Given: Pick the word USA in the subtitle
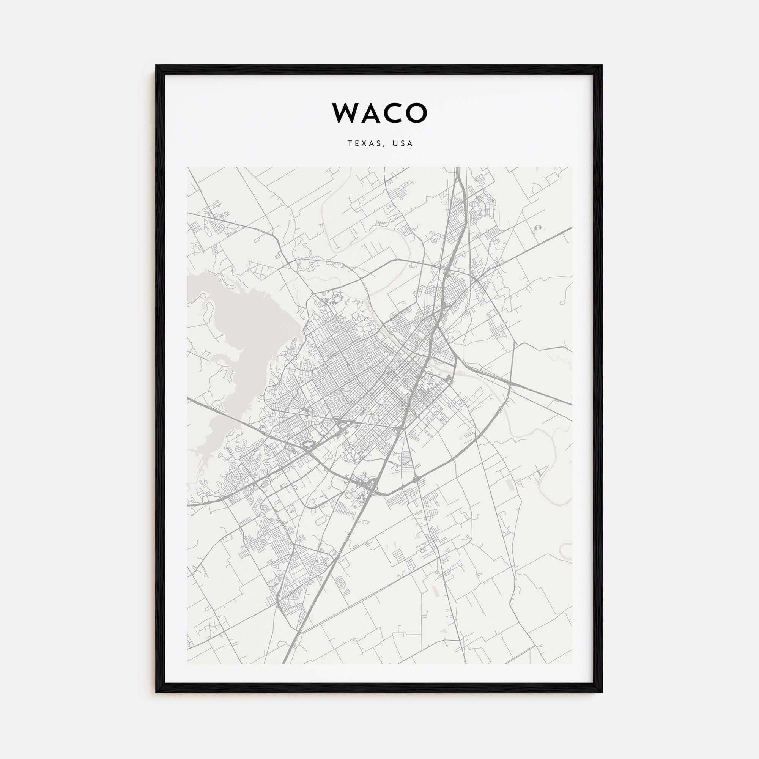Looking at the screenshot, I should pos(402,144).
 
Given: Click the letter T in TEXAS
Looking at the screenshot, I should pos(349,144).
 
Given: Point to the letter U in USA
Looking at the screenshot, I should pos(394,144).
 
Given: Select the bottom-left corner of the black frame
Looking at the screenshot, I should pos(156,692).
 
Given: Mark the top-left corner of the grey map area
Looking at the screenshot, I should pos(188,167).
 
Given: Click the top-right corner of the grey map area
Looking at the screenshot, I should pos(572,167).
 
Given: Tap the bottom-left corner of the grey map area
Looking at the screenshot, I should pos(188,663).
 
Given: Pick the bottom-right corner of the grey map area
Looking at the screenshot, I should pos(572,663).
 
